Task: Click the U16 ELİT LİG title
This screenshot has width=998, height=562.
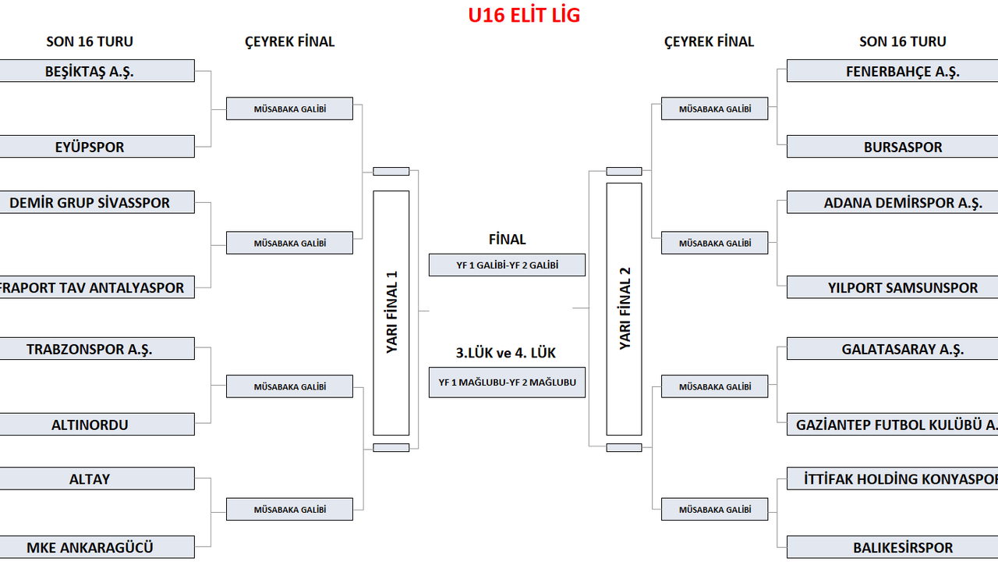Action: (524, 16)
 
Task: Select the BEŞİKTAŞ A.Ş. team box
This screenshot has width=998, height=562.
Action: (90, 71)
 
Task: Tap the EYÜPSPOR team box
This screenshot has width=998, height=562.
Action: (90, 147)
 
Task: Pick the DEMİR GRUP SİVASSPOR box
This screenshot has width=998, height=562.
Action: (90, 203)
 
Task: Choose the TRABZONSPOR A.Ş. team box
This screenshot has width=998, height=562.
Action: (90, 349)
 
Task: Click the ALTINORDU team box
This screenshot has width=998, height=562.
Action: (90, 425)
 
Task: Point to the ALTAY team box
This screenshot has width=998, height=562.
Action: (90, 478)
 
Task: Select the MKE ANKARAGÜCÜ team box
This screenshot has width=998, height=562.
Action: (90, 547)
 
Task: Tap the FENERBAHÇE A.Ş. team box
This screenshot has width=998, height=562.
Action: (902, 71)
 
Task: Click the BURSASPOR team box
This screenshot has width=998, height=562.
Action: (902, 147)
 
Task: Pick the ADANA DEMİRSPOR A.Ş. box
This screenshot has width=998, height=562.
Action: (902, 203)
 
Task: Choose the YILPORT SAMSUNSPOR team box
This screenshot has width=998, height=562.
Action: (902, 287)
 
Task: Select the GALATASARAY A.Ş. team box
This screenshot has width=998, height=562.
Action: (902, 349)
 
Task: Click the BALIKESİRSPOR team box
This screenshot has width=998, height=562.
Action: (902, 547)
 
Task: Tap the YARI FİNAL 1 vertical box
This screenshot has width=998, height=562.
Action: (391, 312)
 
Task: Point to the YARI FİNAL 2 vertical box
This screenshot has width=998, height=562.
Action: (625, 308)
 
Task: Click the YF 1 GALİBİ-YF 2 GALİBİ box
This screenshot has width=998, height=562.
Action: (507, 265)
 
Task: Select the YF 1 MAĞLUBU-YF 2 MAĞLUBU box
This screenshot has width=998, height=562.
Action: (507, 382)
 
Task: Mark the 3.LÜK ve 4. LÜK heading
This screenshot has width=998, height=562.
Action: (506, 353)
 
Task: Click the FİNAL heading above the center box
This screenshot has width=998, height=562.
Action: (507, 240)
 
